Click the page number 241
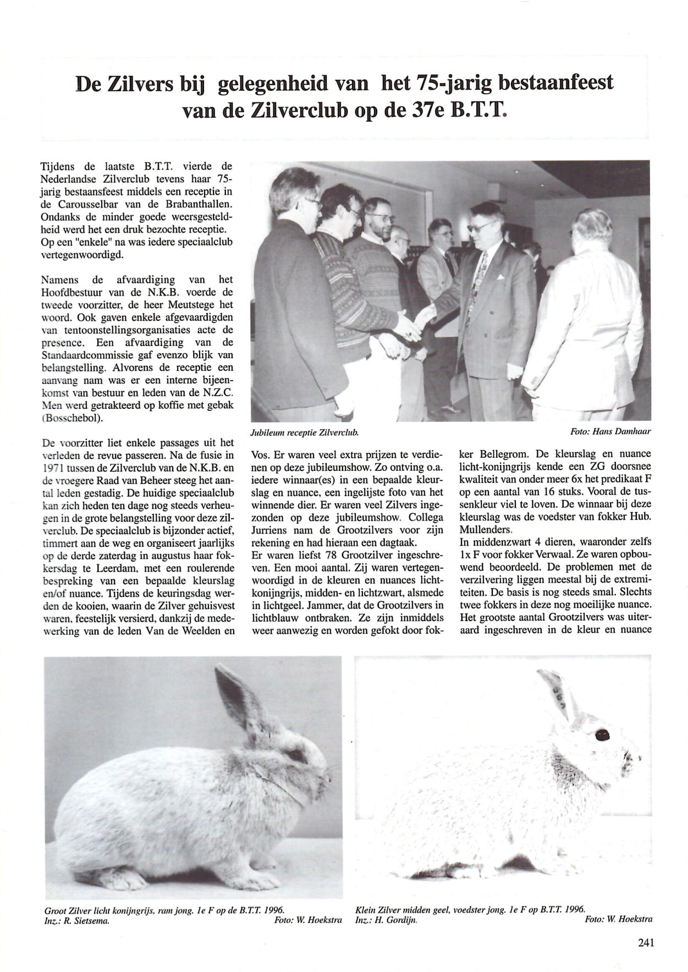646,942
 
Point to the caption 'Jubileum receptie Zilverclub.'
304,433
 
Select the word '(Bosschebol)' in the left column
64,418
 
